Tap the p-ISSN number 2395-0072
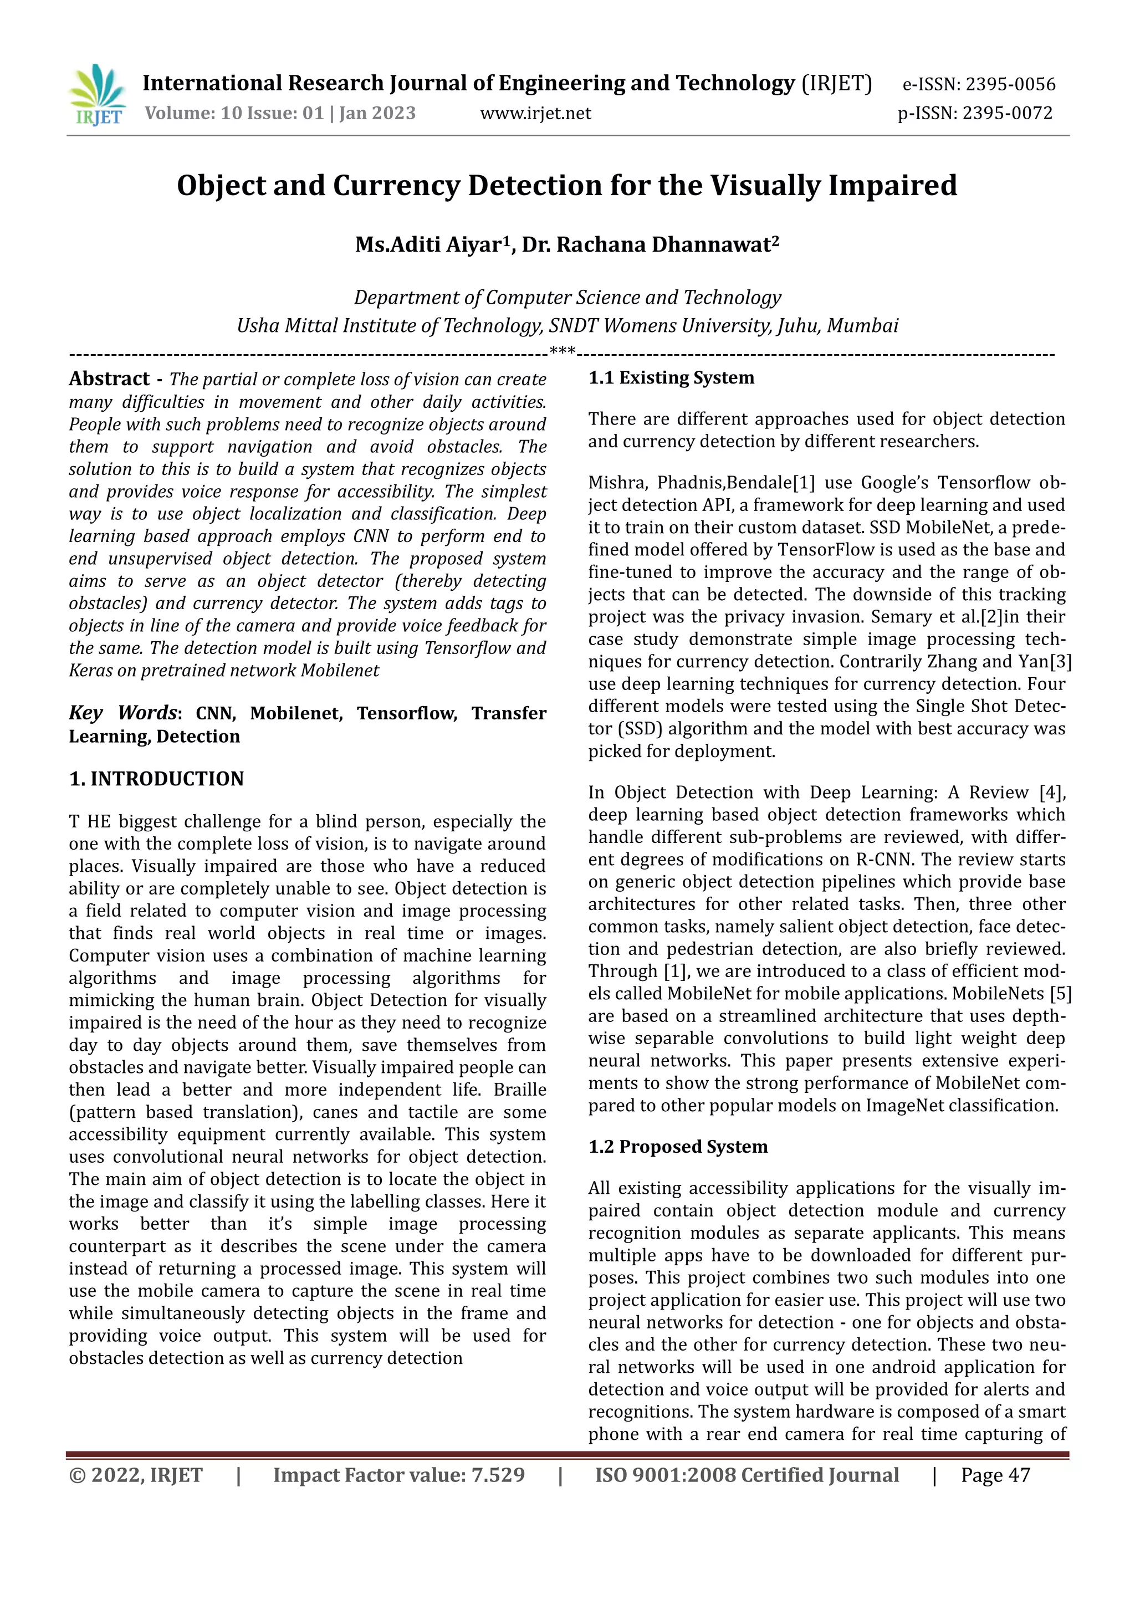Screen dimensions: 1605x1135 coord(1007,113)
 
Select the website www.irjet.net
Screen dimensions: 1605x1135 coord(535,113)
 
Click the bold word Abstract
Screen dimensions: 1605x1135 coord(109,379)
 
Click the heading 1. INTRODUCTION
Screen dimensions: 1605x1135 coord(156,779)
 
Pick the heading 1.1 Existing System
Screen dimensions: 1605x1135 coord(671,378)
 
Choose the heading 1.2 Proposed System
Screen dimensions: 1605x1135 coord(677,1147)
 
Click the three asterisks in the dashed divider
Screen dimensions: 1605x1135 coord(563,350)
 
